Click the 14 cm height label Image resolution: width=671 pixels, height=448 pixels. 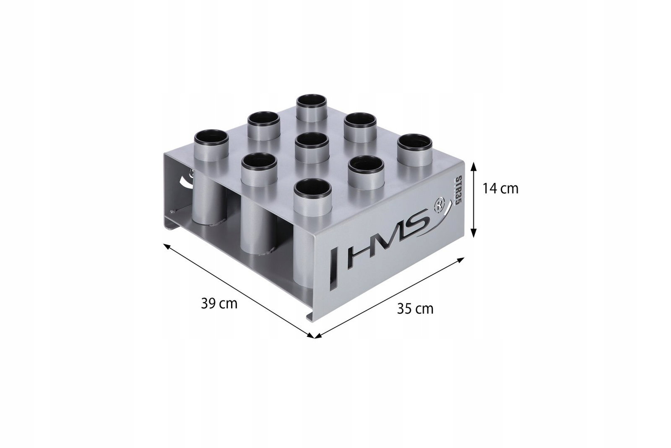click(500, 189)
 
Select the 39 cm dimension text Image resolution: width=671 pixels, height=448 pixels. click(219, 304)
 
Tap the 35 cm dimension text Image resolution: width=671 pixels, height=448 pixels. click(415, 309)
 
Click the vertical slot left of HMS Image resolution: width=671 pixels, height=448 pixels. click(333, 270)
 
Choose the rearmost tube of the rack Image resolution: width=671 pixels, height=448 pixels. click(312, 108)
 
